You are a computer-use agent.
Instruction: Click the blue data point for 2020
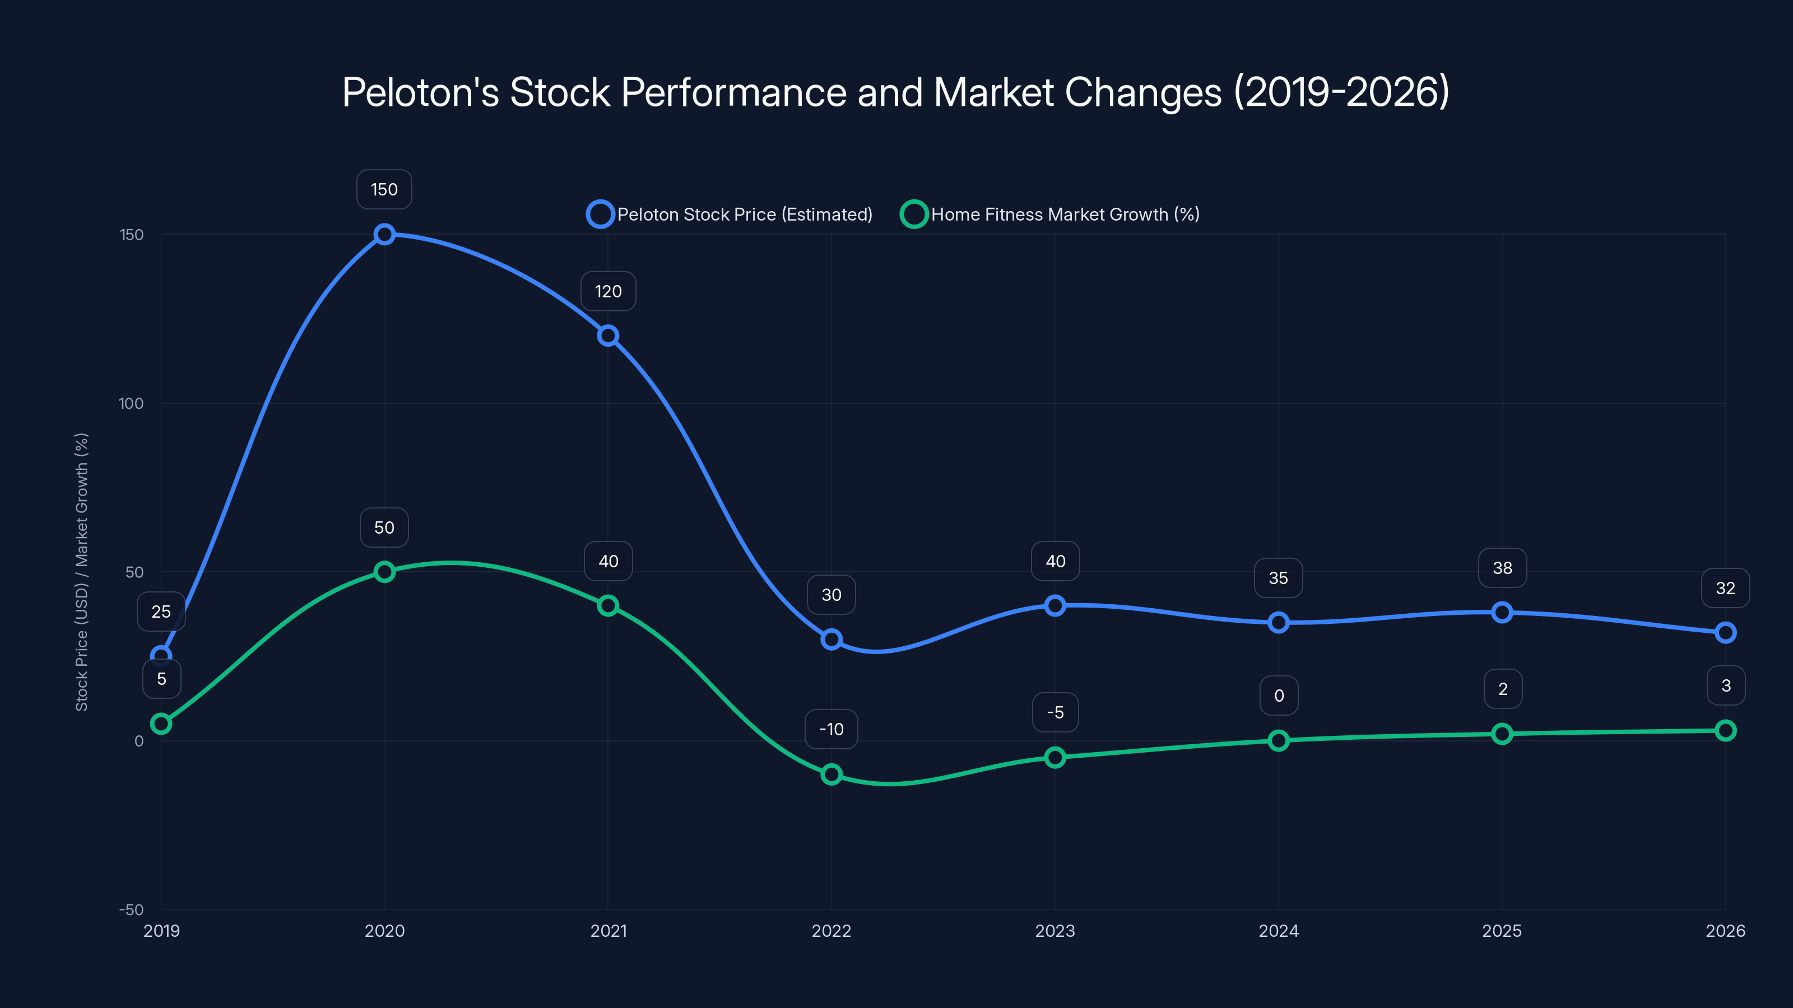pos(384,235)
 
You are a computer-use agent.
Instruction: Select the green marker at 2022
pos(831,774)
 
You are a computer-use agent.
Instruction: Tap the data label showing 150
pos(384,189)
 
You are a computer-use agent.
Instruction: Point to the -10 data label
pos(831,729)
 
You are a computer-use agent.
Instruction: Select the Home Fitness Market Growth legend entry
pos(1051,214)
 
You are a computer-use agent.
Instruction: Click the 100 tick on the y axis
pos(131,403)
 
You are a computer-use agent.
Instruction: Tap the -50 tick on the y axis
pos(131,910)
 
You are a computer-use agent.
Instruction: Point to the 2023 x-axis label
pos(1055,931)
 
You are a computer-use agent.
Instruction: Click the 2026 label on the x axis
pos(1725,931)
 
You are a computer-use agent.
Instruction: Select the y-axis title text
pos(81,572)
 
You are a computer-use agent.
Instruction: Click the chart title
pos(896,92)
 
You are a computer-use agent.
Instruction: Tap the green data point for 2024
pos(1278,740)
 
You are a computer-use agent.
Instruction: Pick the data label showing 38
pos(1502,568)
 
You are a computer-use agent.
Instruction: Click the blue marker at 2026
pos(1725,633)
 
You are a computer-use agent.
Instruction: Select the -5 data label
pos(1055,712)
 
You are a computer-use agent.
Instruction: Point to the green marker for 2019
pos(161,724)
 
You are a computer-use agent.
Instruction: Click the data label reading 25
pos(161,612)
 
